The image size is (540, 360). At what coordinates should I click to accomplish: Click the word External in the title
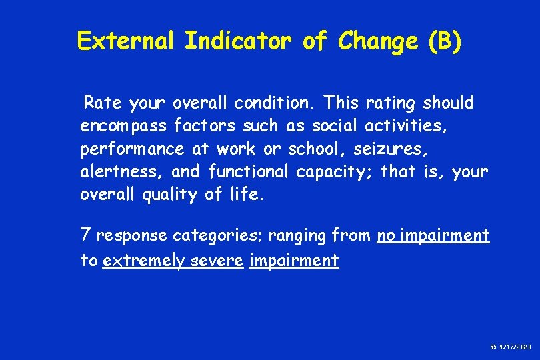126,41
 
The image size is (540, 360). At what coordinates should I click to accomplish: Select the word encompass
123,126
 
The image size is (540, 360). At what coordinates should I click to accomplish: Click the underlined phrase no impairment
433,235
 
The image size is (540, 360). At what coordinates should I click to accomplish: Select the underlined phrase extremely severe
173,260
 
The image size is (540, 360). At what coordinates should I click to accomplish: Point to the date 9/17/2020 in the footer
514,348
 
